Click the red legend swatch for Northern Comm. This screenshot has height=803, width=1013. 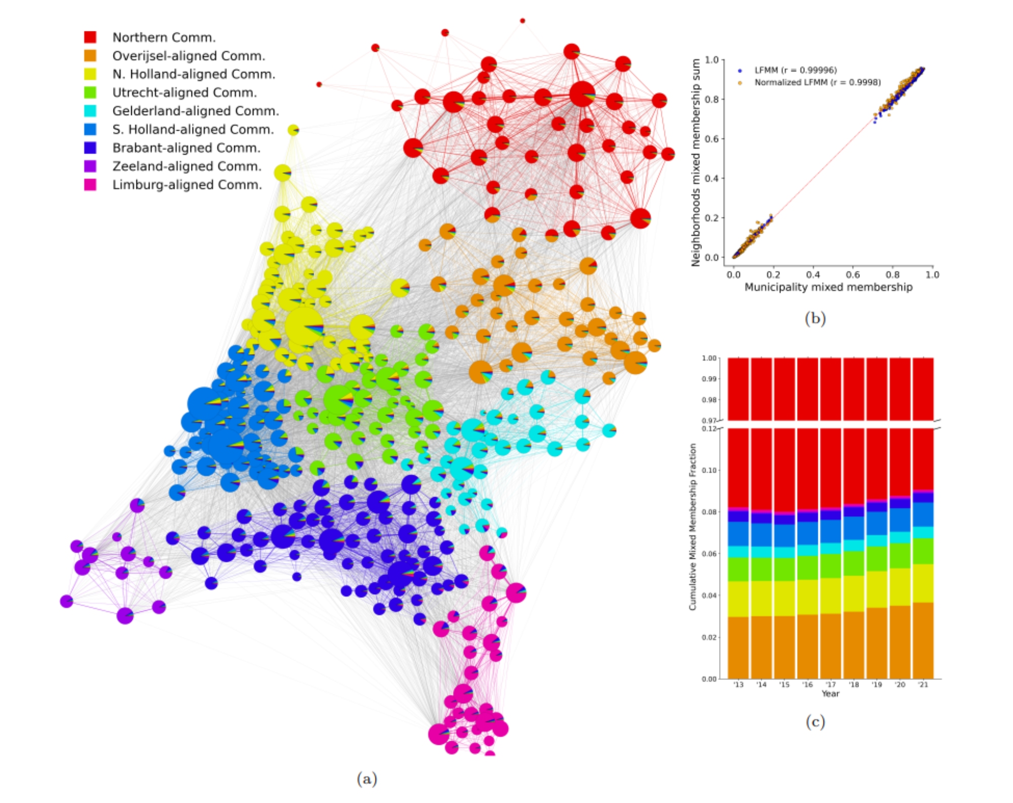[x=90, y=37]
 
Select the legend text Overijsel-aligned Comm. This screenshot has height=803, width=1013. [x=189, y=56]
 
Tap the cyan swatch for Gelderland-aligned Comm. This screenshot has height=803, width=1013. [x=90, y=111]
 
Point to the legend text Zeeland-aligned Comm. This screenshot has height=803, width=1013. [x=186, y=166]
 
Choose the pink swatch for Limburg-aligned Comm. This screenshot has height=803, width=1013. [x=90, y=184]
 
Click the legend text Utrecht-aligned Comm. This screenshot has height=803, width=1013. [x=184, y=93]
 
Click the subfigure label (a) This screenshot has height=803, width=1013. [x=367, y=779]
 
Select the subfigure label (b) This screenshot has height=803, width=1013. [x=815, y=318]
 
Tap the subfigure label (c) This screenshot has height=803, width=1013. [x=815, y=721]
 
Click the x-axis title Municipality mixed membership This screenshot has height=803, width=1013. [x=828, y=287]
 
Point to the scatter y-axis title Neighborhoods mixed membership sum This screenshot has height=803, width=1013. [x=696, y=162]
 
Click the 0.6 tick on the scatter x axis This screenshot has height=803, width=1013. [x=853, y=275]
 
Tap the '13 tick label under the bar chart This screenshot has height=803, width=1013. [x=738, y=684]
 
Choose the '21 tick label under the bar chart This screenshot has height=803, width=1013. [x=923, y=684]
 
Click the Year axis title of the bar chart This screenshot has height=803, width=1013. [x=830, y=694]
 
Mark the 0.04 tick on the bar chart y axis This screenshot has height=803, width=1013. [x=709, y=595]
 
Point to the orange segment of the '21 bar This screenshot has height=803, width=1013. [x=923, y=640]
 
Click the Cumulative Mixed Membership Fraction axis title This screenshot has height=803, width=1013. [x=693, y=527]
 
